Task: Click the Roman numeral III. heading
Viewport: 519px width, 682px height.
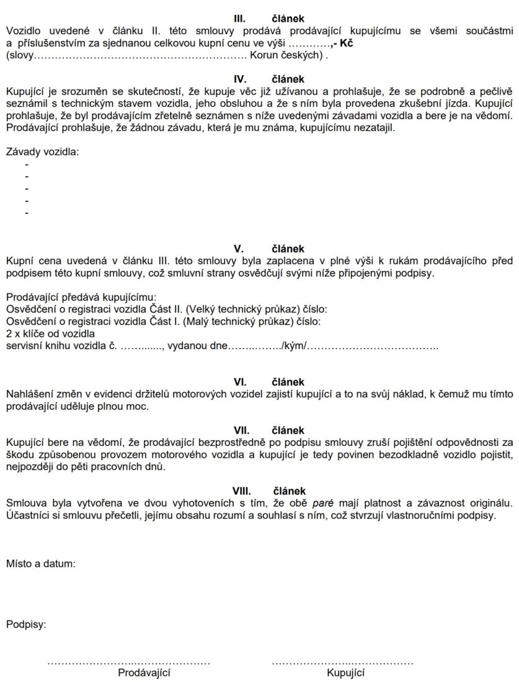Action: tap(239, 19)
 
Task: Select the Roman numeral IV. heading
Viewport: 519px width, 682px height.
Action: tap(239, 79)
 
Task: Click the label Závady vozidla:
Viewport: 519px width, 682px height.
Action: tap(43, 152)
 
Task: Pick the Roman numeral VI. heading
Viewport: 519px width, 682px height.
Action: tap(239, 383)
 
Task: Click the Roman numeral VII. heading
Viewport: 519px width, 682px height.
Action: tap(241, 430)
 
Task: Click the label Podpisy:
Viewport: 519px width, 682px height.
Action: tap(26, 624)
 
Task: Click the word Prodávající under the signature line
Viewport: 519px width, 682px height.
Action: tap(144, 673)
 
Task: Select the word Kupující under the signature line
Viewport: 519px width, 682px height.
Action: tap(346, 673)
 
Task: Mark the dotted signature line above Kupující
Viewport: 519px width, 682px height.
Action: tap(342, 662)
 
